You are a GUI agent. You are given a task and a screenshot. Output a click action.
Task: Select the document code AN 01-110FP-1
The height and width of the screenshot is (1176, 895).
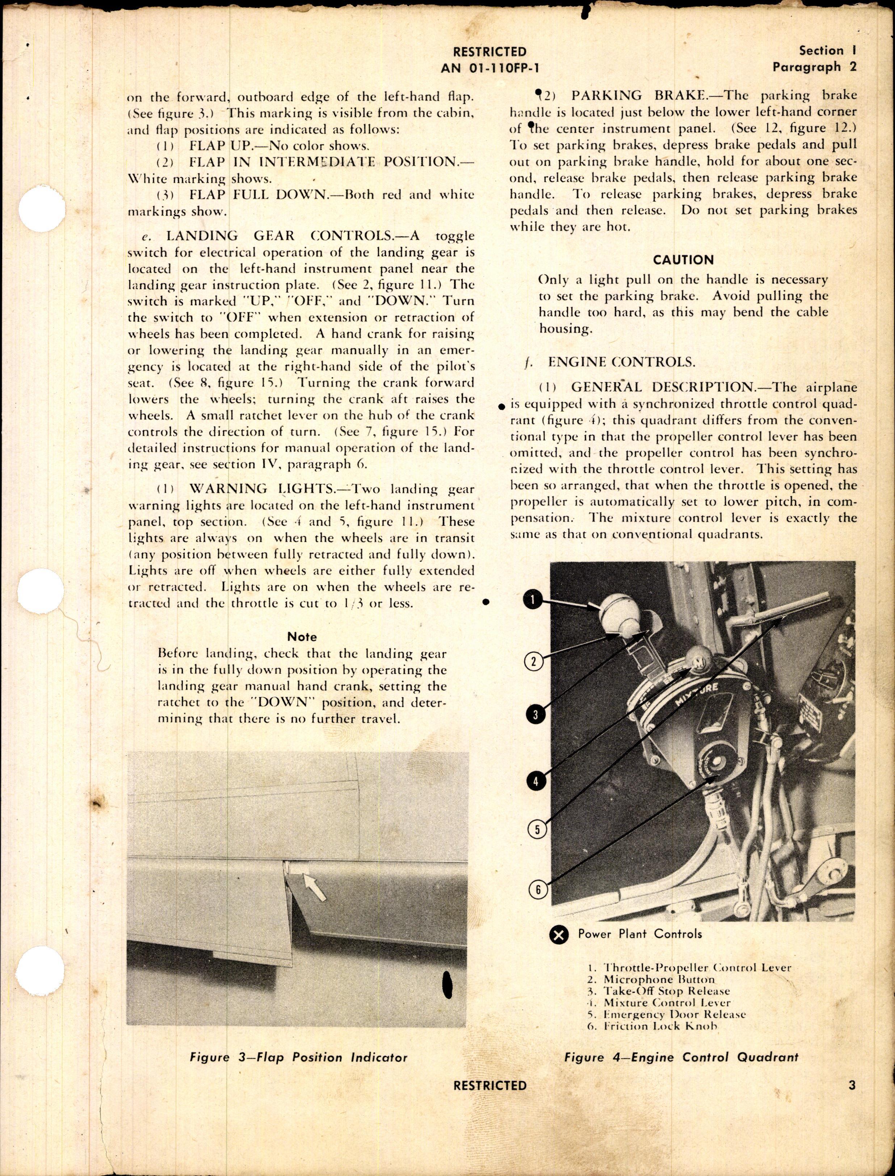pyautogui.click(x=486, y=68)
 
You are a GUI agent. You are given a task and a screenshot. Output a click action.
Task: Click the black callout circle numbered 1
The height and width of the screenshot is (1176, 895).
pyautogui.click(x=533, y=600)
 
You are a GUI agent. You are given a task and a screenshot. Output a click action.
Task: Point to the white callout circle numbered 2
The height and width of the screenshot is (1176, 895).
pyautogui.click(x=534, y=662)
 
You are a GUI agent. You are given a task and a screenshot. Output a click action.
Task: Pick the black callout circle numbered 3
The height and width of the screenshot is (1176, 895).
pyautogui.click(x=536, y=714)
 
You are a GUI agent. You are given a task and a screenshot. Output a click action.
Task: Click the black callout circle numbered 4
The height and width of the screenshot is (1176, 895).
pyautogui.click(x=536, y=781)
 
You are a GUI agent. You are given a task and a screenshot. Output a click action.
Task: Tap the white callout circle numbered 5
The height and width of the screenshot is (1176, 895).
pyautogui.click(x=537, y=829)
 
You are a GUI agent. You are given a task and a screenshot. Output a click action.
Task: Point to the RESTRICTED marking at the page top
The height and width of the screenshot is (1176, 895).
pyautogui.click(x=489, y=52)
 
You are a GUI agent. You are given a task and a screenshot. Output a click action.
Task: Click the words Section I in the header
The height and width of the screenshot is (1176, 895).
pyautogui.click(x=827, y=51)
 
